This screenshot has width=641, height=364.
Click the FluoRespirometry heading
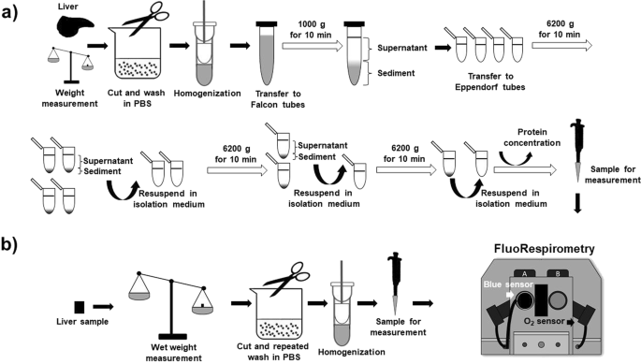(544, 249)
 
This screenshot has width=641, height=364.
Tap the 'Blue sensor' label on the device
(508, 284)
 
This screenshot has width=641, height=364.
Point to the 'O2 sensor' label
(544, 322)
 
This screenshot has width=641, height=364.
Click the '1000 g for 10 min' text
(311, 29)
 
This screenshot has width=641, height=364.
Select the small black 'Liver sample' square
(80, 307)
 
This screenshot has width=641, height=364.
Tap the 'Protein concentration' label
(532, 138)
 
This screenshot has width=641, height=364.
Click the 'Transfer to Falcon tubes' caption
(278, 99)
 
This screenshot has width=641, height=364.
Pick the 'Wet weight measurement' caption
(173, 353)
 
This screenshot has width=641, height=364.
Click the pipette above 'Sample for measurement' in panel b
(396, 283)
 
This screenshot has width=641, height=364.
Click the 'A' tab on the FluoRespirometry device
(524, 273)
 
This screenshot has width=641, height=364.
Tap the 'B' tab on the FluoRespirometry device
(557, 273)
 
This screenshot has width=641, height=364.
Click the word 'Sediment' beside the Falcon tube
(396, 73)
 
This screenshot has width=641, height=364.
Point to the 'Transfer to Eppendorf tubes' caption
(490, 81)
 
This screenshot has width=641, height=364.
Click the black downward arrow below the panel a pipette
(577, 204)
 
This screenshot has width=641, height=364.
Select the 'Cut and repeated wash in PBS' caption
(273, 352)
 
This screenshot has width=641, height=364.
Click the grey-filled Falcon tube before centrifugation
(267, 52)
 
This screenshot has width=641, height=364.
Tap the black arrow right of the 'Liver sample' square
(103, 306)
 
